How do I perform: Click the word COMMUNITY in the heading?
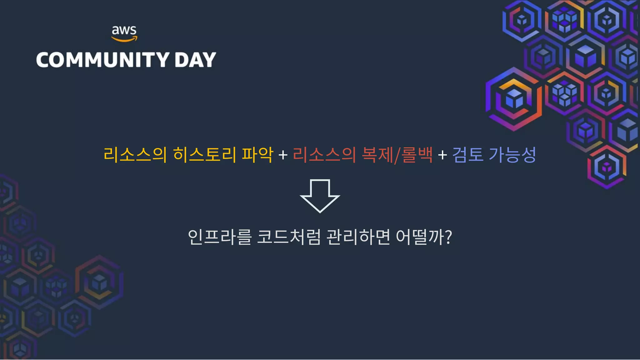click(103, 60)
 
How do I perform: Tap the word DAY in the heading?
click(195, 60)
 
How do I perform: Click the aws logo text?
click(124, 30)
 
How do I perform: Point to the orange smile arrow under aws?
click(124, 39)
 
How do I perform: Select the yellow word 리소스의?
click(135, 154)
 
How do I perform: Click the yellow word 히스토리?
click(204, 154)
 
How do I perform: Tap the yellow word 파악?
click(257, 154)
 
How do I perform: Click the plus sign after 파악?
click(283, 155)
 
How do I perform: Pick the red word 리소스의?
click(324, 154)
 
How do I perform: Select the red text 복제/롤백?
click(397, 154)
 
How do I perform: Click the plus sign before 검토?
click(442, 155)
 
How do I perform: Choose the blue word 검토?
click(468, 154)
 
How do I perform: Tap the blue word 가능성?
click(512, 154)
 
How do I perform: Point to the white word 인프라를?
click(220, 237)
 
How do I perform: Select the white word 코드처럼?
click(289, 237)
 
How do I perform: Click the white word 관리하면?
click(358, 237)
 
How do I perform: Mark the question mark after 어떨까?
click(448, 237)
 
